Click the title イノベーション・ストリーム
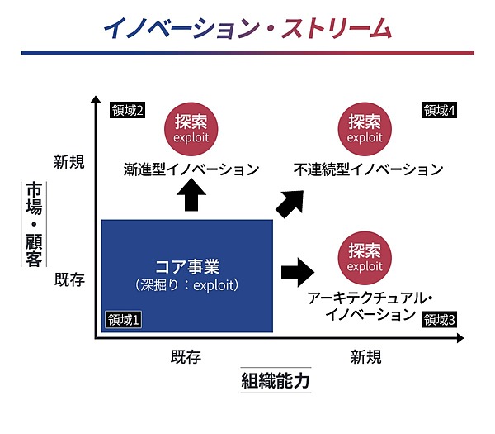point(247,27)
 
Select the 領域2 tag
point(127,110)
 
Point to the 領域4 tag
point(440,110)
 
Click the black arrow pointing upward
point(191,194)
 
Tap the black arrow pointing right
point(299,270)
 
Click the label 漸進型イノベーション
point(191,169)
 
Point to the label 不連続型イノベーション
point(368,169)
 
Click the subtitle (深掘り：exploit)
point(186,285)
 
